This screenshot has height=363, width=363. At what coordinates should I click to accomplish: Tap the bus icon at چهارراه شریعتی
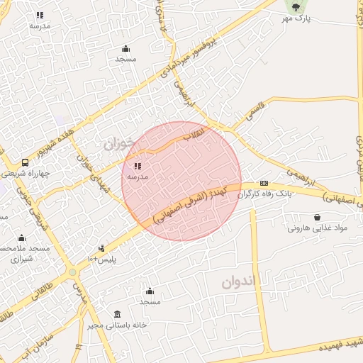[26, 162]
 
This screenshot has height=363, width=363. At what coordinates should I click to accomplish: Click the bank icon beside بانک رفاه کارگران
[264, 183]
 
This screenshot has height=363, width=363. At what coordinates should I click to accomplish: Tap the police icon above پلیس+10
[102, 248]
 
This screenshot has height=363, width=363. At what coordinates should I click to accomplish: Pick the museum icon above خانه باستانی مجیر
[117, 314]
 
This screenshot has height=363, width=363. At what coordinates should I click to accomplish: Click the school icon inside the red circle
[137, 165]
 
